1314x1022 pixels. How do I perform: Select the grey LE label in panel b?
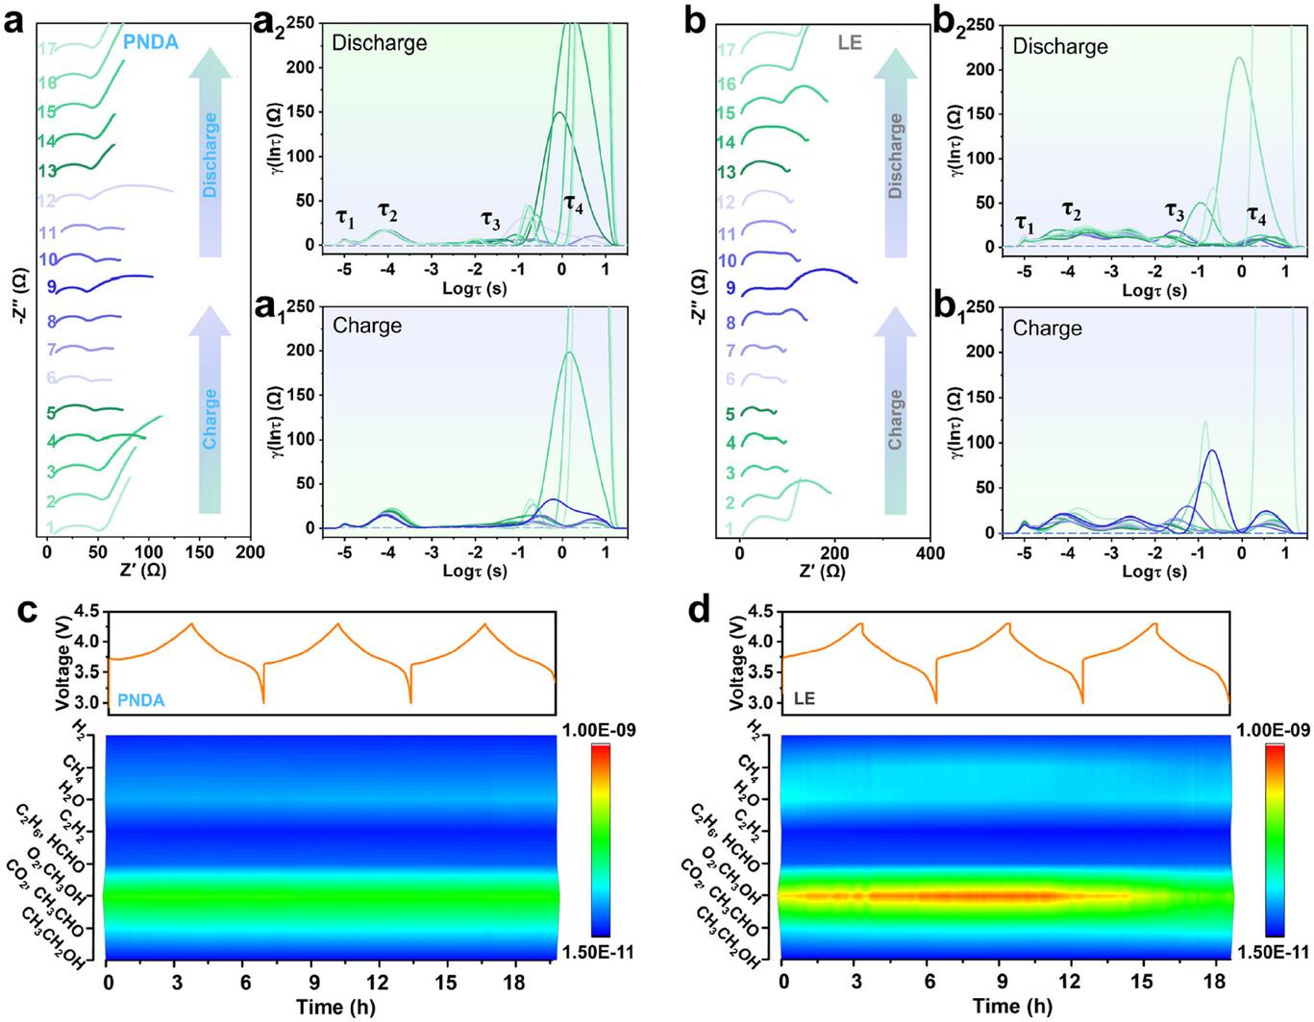[850, 43]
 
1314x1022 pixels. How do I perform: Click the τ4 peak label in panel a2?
[573, 204]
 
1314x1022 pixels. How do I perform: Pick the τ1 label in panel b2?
[1026, 226]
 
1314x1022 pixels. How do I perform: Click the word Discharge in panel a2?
[379, 43]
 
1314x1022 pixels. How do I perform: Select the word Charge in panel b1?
[1047, 328]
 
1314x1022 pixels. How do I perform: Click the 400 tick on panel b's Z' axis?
[930, 553]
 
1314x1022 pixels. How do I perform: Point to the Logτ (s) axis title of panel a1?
[475, 571]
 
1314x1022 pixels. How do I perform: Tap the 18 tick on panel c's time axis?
[518, 982]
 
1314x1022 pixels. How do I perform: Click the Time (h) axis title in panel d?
[1011, 1006]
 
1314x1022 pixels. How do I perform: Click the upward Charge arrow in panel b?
[895, 413]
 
